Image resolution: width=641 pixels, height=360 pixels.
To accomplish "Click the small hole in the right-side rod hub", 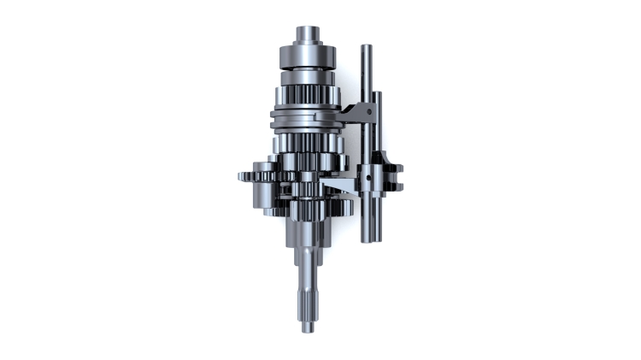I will point(368,179).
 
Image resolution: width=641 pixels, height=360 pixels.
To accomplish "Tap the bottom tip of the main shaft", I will point(309,330).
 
